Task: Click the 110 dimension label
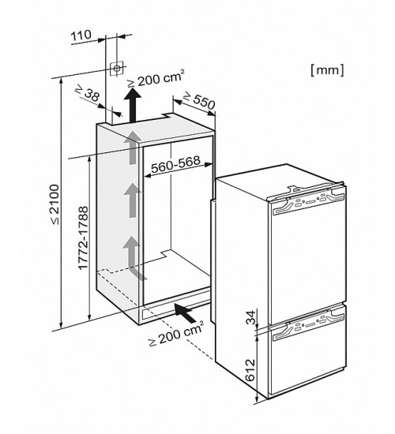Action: point(81,36)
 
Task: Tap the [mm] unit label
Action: point(327,70)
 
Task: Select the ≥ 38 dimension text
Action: point(88,93)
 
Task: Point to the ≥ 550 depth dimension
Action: point(199,100)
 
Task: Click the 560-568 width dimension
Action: point(175,165)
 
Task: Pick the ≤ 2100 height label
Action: point(54,204)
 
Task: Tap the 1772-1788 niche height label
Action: point(83,238)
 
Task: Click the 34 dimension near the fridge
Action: point(251,317)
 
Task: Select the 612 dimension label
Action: point(250,370)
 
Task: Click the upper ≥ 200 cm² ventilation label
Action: point(156,79)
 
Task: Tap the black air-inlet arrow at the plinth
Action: point(185,312)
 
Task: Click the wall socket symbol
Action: point(116,68)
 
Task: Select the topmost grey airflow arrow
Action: point(131,148)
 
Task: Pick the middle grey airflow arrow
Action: point(132,200)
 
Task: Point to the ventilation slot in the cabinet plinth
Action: point(175,309)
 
